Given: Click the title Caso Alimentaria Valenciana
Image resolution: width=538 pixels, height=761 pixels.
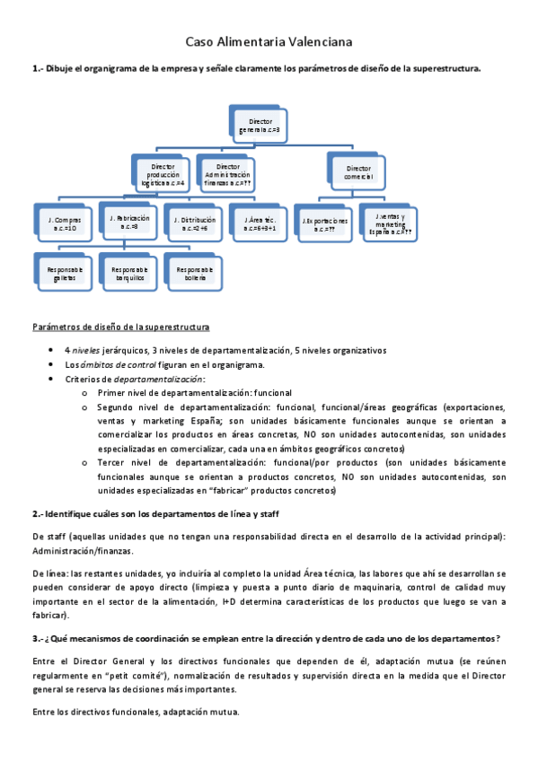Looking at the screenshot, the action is click(x=269, y=41).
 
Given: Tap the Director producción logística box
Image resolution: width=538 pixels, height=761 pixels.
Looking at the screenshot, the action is click(x=163, y=173).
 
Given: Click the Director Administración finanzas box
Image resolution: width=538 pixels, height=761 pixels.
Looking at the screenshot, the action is click(x=228, y=173).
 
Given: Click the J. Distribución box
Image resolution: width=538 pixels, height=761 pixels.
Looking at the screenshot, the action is click(x=194, y=223).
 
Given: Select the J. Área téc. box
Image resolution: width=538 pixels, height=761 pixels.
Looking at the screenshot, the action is click(x=259, y=223).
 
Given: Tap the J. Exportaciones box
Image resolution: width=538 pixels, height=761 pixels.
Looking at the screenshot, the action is click(x=325, y=223).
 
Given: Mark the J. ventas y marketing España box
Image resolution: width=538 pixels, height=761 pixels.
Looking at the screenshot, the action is click(x=390, y=223).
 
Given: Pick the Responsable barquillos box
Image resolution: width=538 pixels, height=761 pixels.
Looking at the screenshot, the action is click(x=128, y=272).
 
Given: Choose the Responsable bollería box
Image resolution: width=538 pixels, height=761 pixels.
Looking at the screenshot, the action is click(x=194, y=272).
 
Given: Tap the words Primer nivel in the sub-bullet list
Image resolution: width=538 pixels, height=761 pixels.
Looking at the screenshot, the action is click(x=120, y=392).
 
